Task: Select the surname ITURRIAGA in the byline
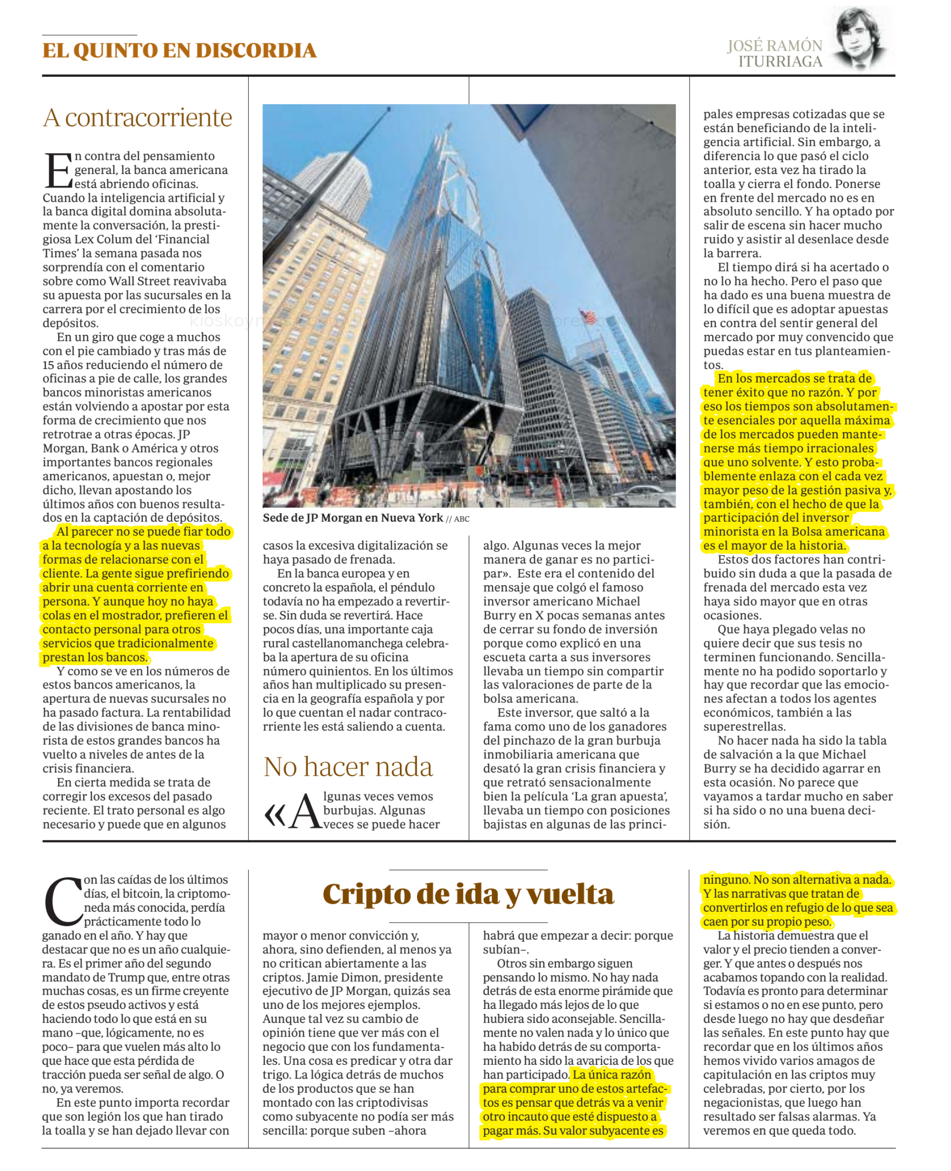click(x=780, y=62)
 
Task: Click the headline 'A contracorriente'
click(x=137, y=117)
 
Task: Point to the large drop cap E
click(x=58, y=170)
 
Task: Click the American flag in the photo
click(x=588, y=316)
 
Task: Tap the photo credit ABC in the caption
click(x=461, y=519)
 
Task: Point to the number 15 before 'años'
click(x=50, y=365)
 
